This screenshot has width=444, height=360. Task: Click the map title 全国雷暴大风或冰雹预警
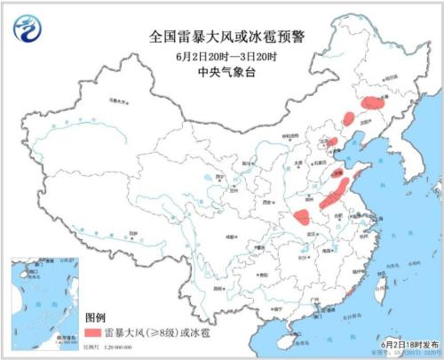click(x=223, y=37)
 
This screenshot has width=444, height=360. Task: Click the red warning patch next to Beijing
click(x=332, y=141)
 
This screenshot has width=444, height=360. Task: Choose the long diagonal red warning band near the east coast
click(x=340, y=188)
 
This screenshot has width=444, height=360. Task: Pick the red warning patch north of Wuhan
click(x=302, y=217)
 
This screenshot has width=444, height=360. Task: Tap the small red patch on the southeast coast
click(x=349, y=291)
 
